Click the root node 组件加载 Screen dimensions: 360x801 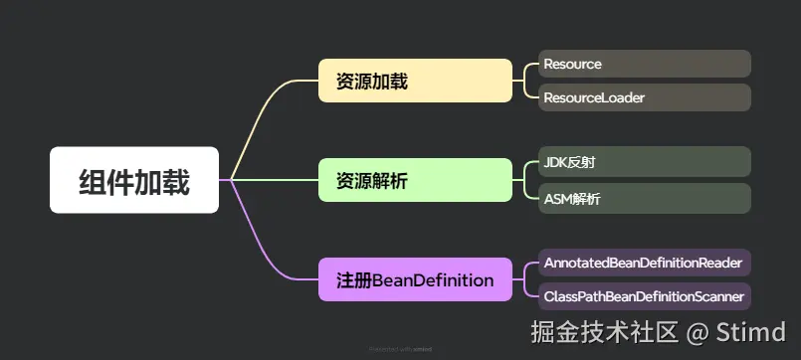point(134,180)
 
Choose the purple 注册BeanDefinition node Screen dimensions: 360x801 point(415,279)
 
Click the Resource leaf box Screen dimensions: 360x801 point(644,64)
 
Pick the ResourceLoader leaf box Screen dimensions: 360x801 point(644,97)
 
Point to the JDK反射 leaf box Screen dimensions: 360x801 point(644,161)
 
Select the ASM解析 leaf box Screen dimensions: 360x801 point(644,198)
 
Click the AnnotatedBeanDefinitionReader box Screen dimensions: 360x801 point(644,263)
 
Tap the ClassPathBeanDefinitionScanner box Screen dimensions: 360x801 point(644,295)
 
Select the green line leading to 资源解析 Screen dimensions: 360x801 point(274,180)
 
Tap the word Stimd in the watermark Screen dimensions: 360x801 point(755,331)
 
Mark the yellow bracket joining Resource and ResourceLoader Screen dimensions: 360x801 point(525,81)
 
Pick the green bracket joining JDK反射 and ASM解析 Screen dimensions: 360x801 point(525,180)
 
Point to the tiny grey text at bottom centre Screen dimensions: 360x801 point(400,349)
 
